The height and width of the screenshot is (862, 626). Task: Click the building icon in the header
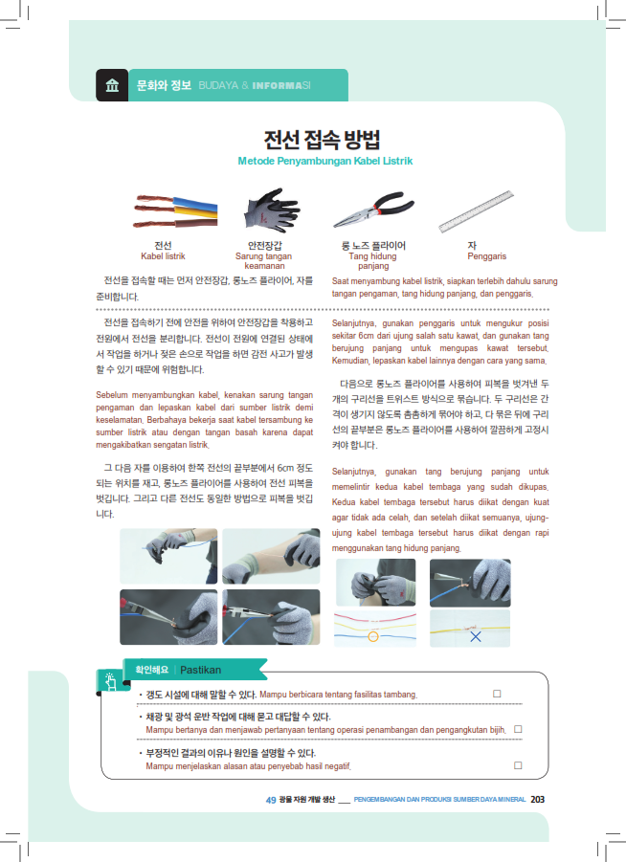tap(112, 85)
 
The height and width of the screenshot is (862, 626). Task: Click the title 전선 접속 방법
tap(322, 139)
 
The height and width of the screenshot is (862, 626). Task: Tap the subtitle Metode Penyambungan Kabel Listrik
tap(325, 161)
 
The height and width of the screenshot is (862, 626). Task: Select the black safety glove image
tap(272, 210)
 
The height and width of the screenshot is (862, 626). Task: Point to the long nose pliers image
tap(373, 210)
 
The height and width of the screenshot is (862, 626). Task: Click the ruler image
tap(477, 211)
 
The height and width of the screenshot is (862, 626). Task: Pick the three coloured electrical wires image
tap(175, 211)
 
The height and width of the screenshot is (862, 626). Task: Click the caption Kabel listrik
tap(163, 256)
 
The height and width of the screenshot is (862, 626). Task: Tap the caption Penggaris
tap(487, 256)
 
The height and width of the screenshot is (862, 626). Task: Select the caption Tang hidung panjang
tap(373, 261)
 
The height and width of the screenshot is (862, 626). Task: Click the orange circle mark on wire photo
tap(373, 636)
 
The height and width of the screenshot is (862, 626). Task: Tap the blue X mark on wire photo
tap(476, 636)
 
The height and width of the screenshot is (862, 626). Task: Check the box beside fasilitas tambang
tap(497, 694)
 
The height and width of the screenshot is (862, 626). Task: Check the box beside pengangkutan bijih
tap(518, 729)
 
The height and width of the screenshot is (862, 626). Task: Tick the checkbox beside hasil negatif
tap(518, 765)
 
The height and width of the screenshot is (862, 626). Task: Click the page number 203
tap(537, 799)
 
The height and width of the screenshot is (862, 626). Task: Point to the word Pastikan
tap(201, 670)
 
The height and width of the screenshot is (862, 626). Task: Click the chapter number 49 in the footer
tap(271, 800)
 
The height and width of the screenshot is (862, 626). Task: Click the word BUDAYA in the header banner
tap(218, 85)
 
